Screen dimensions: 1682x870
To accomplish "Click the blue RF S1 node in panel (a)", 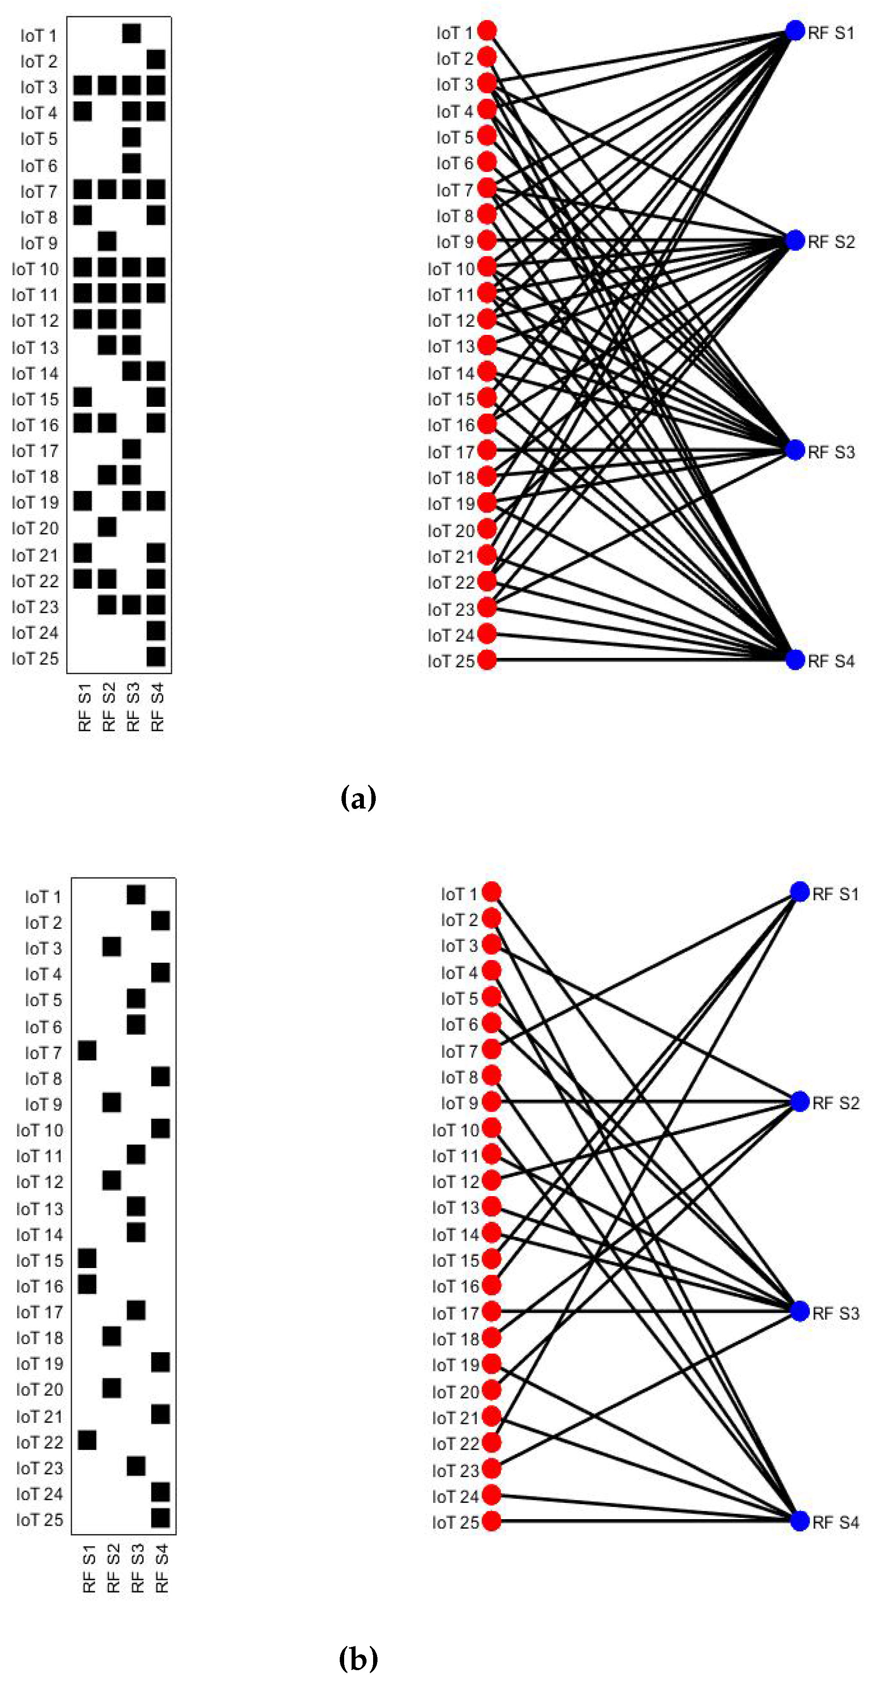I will click(x=794, y=31).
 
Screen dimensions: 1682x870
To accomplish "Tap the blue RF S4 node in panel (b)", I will click(x=799, y=1521).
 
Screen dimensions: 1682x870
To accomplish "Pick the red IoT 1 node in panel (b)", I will click(x=491, y=892).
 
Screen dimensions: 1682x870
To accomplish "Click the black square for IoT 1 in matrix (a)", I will click(x=131, y=33).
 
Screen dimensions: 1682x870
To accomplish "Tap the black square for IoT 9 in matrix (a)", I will click(x=107, y=241).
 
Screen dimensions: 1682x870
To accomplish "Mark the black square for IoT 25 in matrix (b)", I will click(x=160, y=1517).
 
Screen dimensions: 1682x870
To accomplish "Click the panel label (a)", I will click(x=359, y=798).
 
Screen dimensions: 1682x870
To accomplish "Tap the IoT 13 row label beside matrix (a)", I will click(x=35, y=347).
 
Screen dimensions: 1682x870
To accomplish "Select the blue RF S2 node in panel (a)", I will click(x=794, y=240).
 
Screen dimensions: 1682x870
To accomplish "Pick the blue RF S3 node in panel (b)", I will click(x=799, y=1311).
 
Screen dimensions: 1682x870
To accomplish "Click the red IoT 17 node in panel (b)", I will click(x=491, y=1311).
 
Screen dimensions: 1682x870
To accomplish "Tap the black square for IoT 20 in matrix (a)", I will click(x=107, y=526).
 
